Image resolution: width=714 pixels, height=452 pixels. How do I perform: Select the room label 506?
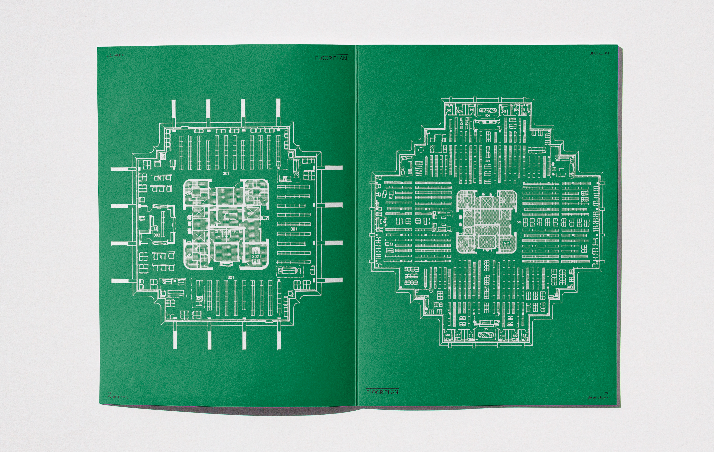487,116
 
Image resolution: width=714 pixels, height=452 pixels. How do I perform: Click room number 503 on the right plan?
449,111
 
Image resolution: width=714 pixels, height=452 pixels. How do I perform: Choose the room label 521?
525,336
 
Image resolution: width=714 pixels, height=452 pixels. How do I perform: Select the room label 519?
502,336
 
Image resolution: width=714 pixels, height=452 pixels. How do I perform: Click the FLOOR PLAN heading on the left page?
331,58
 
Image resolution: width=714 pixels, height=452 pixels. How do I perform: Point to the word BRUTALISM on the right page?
599,53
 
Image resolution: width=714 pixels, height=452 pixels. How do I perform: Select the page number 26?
110,393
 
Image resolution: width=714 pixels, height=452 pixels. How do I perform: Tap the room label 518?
471,336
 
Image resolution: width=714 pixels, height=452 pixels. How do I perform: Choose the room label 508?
504,111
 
